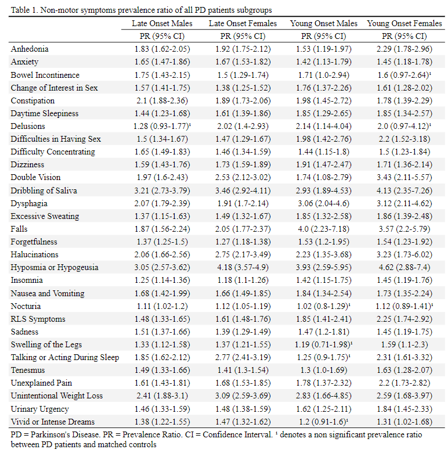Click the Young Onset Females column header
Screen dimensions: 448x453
(x=404, y=23)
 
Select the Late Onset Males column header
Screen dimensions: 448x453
(x=162, y=23)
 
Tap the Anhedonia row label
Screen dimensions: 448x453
(x=30, y=49)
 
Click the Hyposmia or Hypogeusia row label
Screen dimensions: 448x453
(x=55, y=268)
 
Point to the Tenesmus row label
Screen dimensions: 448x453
(x=28, y=370)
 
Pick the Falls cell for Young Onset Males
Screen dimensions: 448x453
(x=324, y=229)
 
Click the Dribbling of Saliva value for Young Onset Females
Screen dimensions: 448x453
(x=404, y=190)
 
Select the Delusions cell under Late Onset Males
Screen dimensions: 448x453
(x=162, y=126)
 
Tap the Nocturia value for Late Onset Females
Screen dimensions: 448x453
(x=243, y=306)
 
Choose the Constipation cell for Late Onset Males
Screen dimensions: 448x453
(x=162, y=101)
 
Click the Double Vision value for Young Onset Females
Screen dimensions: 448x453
(x=404, y=177)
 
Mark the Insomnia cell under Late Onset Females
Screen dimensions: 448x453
(x=243, y=281)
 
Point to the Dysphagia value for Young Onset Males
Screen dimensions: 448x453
(x=324, y=204)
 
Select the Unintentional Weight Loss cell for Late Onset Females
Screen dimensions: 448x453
(x=243, y=396)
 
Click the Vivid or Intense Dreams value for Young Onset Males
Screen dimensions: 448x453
(x=324, y=422)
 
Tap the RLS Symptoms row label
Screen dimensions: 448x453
(x=38, y=319)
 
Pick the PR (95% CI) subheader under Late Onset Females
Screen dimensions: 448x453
(x=243, y=36)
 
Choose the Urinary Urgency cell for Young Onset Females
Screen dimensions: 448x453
(x=404, y=409)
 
